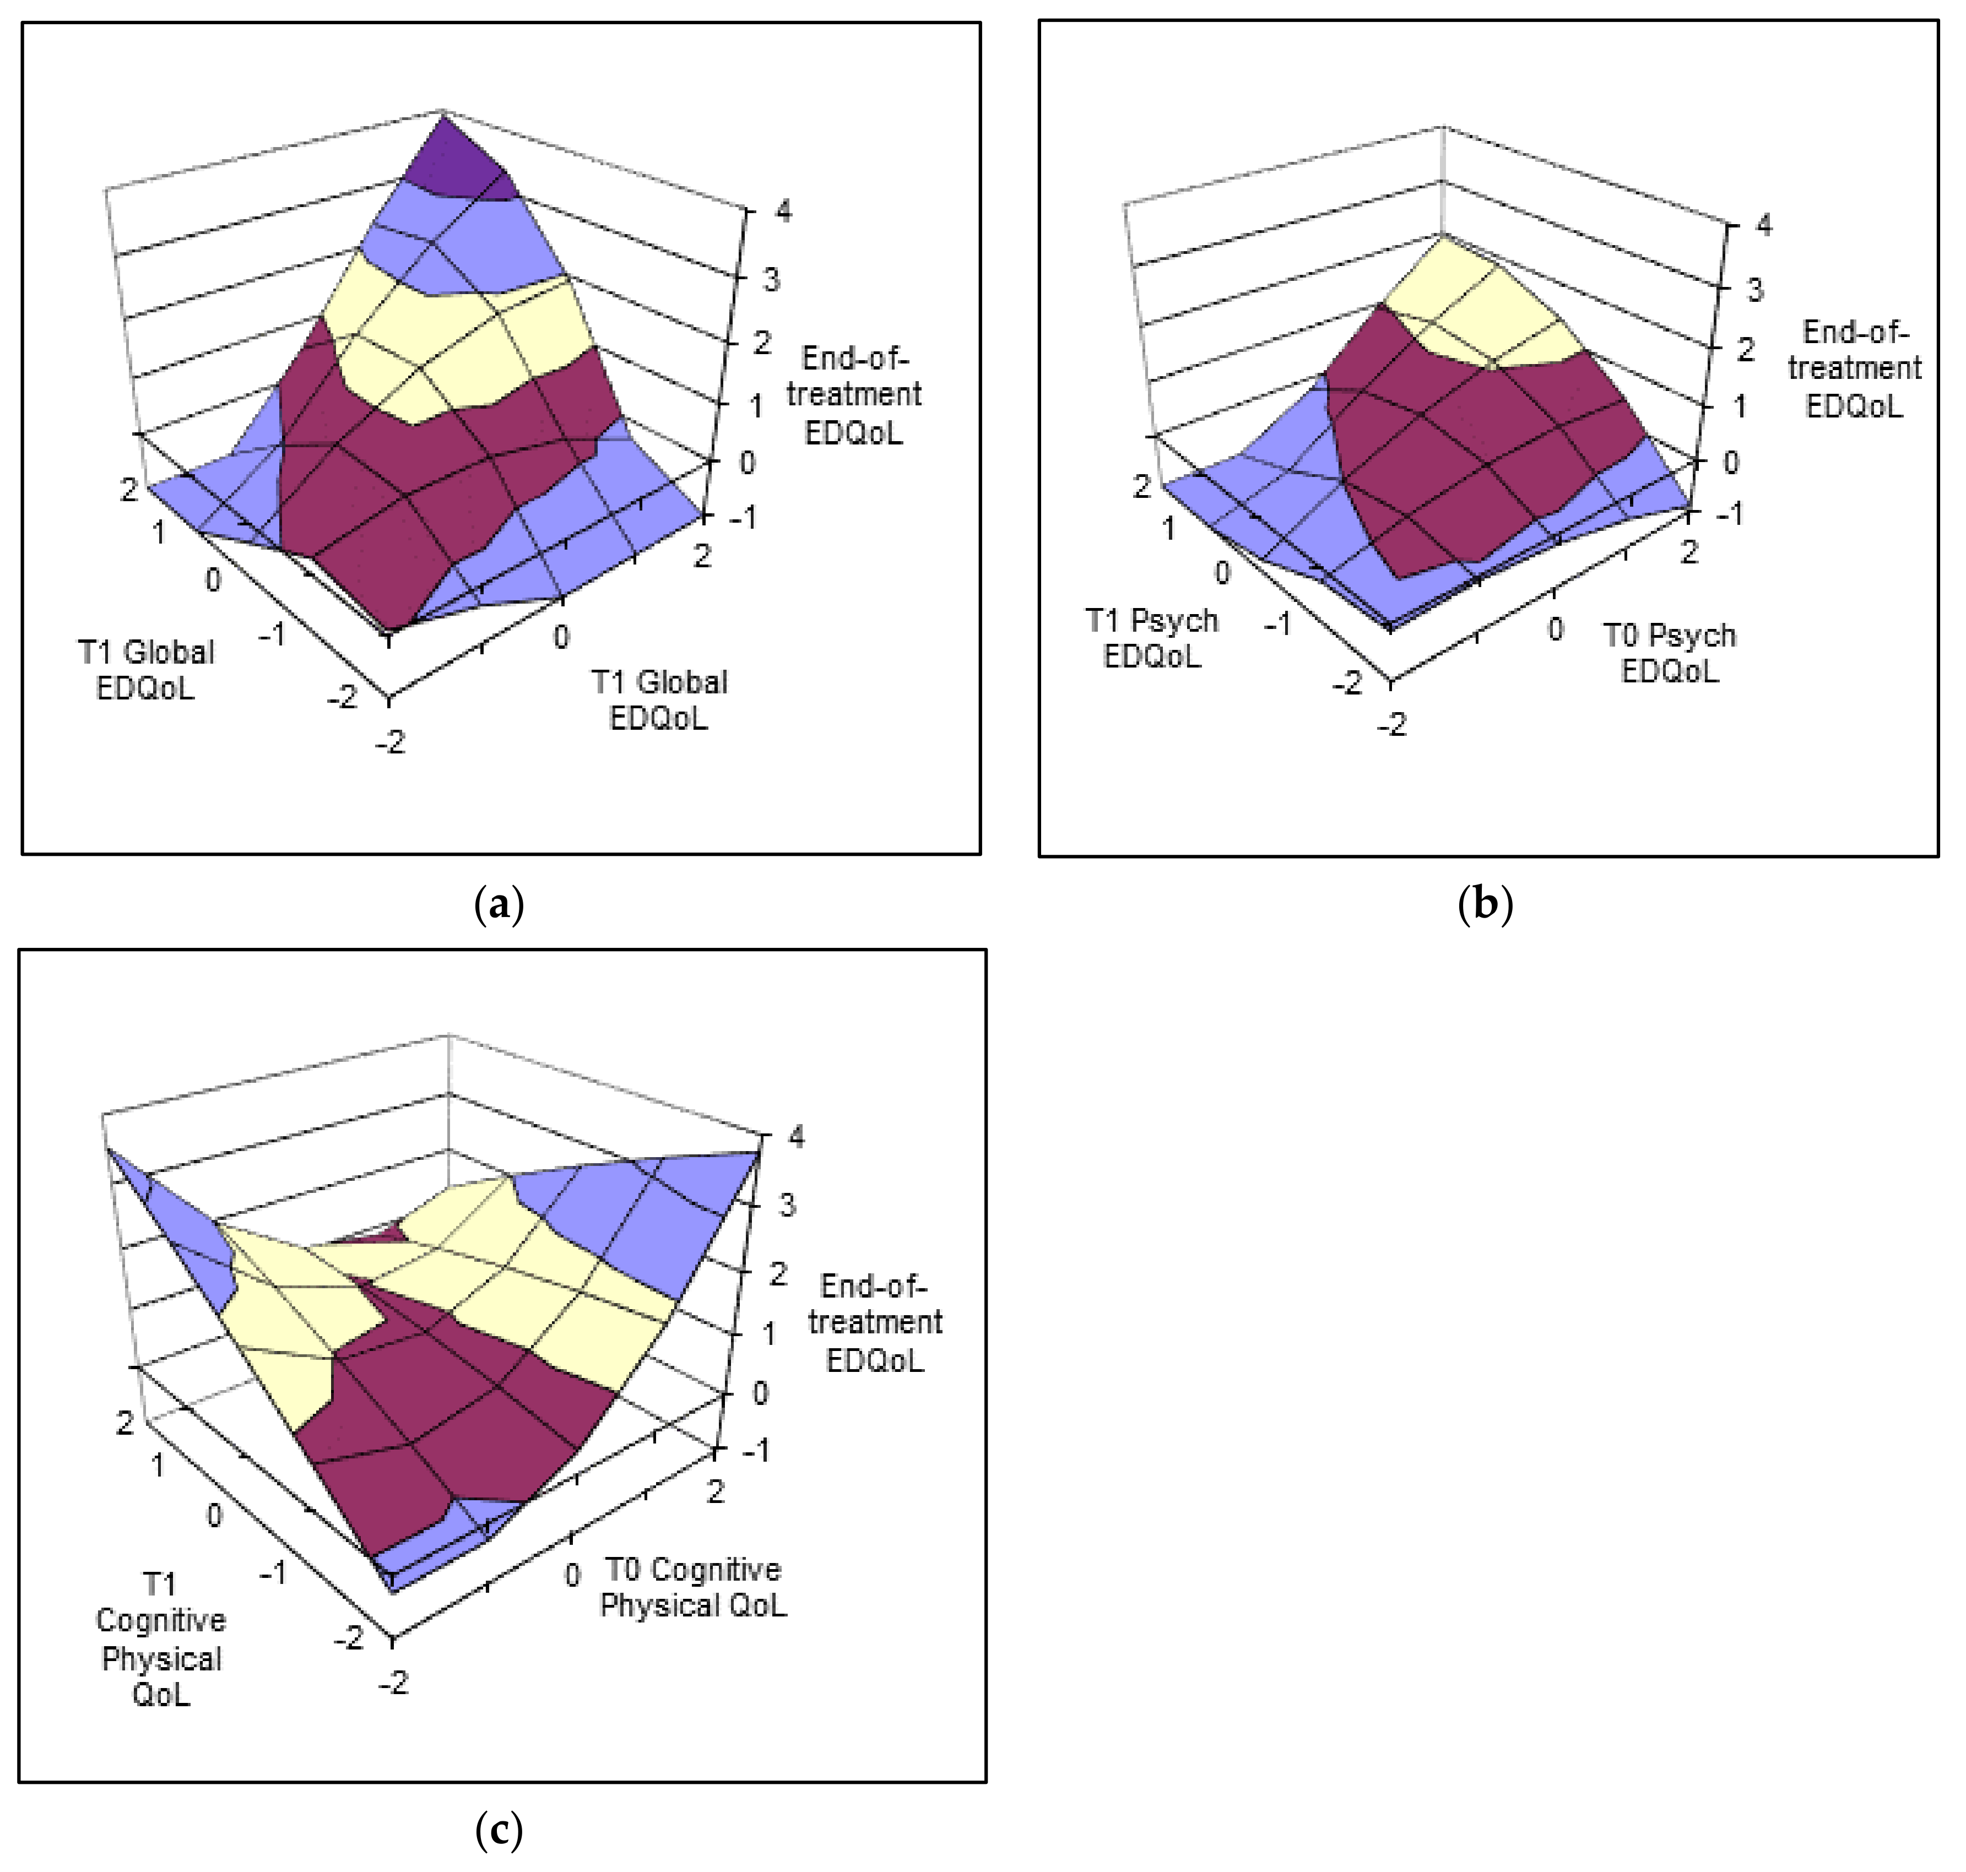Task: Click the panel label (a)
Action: click(x=499, y=904)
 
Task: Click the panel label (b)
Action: click(x=1485, y=904)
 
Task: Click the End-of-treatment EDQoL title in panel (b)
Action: click(x=1854, y=368)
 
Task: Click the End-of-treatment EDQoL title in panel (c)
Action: click(x=874, y=1322)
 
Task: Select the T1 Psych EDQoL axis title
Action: click(x=1152, y=639)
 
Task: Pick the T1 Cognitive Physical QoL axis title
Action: click(x=160, y=1640)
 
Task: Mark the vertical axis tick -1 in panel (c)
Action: click(x=755, y=1449)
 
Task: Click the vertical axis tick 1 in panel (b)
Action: click(x=1738, y=406)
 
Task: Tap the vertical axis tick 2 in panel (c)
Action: click(x=777, y=1274)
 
